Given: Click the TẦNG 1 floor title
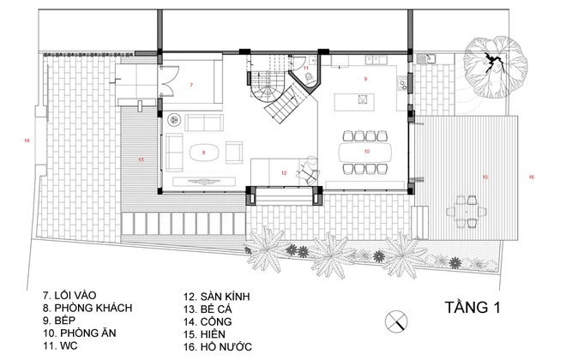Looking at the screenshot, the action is (x=473, y=308).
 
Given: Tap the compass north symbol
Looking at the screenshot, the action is (x=396, y=321).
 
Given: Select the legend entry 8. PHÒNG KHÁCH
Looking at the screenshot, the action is (x=87, y=308).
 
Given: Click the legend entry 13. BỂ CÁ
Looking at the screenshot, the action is (x=208, y=309).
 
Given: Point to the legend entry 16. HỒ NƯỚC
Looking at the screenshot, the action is (x=218, y=347).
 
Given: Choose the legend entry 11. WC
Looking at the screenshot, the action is (x=60, y=345).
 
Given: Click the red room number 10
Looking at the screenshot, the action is (x=367, y=152).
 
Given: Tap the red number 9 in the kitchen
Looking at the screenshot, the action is (x=365, y=79).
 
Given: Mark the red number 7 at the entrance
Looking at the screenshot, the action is (x=191, y=85).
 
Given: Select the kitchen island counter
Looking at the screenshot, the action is (x=354, y=102).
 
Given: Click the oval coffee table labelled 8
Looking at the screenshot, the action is (x=204, y=153).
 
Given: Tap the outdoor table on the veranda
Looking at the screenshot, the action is (x=467, y=211).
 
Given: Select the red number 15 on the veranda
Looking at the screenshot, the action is (x=485, y=177).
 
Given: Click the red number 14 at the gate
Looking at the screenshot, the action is (x=27, y=141).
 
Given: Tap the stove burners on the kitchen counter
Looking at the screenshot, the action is (x=401, y=83).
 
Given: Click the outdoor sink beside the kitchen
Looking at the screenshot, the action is (x=426, y=58).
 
